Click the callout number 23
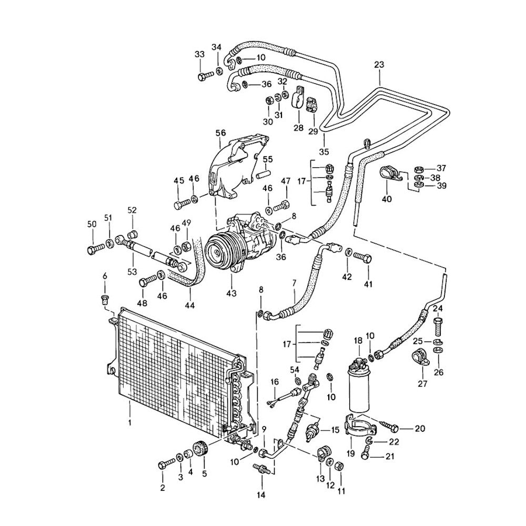point(379,65)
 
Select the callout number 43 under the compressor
point(230,292)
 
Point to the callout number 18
point(358,341)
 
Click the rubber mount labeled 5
point(199,450)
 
